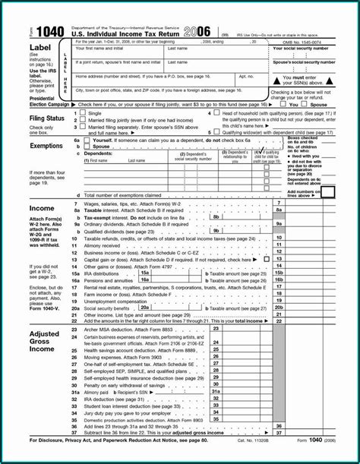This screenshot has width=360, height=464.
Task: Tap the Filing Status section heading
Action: click(46, 118)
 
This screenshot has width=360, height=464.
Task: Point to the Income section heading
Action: click(41, 207)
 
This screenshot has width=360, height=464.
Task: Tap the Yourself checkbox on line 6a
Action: click(87, 140)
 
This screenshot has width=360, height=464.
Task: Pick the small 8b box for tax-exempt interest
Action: click(216, 217)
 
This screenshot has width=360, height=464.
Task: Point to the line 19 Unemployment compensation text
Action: click(115, 301)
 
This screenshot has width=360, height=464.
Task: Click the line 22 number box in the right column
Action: click(279, 322)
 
